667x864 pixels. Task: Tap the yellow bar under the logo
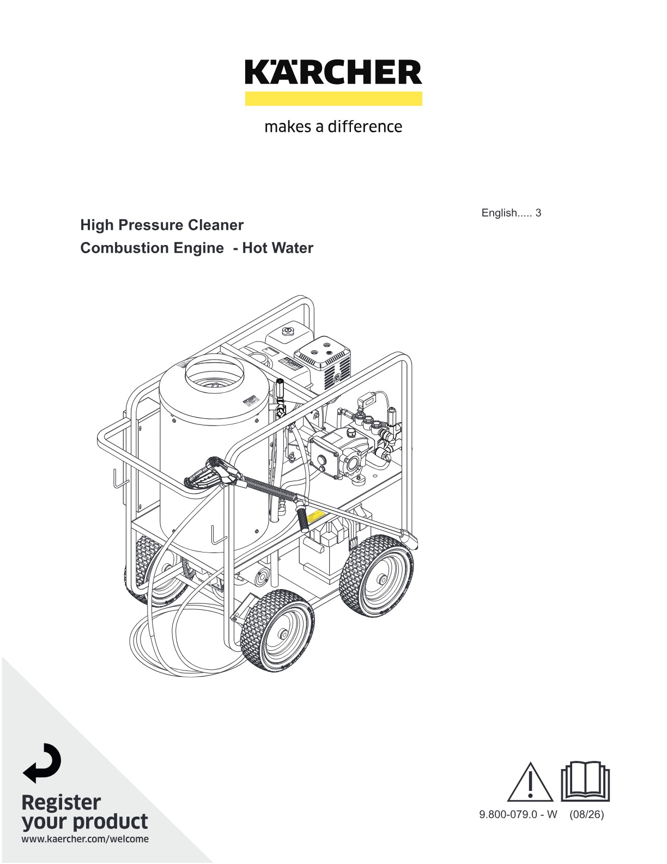pyautogui.click(x=333, y=99)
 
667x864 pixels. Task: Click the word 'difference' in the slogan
pyautogui.click(x=365, y=127)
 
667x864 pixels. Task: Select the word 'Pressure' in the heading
pyautogui.click(x=150, y=225)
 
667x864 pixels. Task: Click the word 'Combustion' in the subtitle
pyautogui.click(x=125, y=248)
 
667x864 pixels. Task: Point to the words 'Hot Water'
pyautogui.click(x=278, y=248)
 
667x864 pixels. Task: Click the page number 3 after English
pyautogui.click(x=538, y=213)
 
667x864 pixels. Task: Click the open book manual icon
pyautogui.click(x=585, y=782)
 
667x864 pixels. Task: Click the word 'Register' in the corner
pyautogui.click(x=62, y=803)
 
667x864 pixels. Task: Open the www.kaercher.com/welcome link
pyautogui.click(x=85, y=839)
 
